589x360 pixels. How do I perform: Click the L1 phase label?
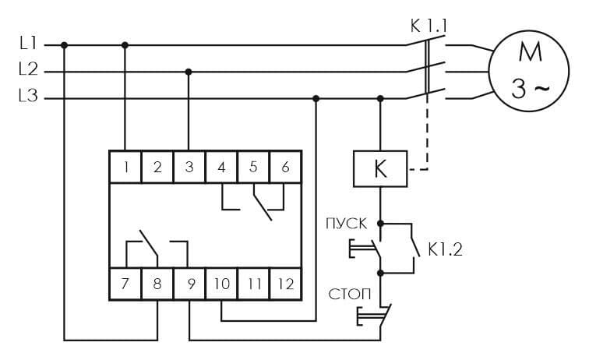(29, 43)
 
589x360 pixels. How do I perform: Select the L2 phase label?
(29, 69)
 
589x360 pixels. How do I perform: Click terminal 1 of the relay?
(125, 167)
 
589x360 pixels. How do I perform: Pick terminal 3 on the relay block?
(189, 167)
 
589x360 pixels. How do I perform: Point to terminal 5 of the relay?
(253, 167)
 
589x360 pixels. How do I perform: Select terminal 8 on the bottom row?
(157, 284)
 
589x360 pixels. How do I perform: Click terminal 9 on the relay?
(189, 284)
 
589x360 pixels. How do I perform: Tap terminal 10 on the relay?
(221, 284)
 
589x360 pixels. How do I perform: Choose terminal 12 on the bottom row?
(285, 284)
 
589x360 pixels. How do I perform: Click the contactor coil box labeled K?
(380, 169)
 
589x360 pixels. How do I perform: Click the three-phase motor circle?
(529, 71)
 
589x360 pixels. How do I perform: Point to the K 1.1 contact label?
(429, 26)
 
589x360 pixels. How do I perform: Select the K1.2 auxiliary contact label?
(445, 249)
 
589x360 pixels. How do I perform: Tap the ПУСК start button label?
(346, 224)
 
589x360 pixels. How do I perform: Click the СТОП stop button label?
(350, 295)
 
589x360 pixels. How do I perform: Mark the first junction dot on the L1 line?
(64, 45)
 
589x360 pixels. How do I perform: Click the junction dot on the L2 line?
(189, 72)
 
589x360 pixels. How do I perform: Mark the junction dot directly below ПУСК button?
(380, 273)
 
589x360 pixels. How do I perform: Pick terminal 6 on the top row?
(285, 167)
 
